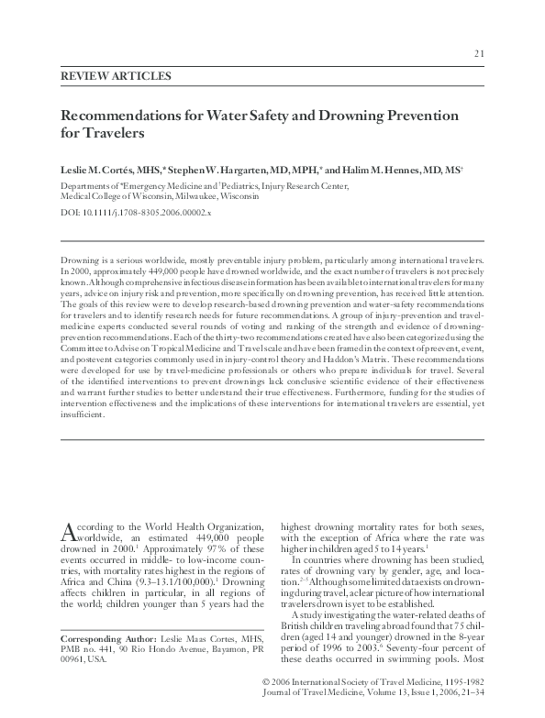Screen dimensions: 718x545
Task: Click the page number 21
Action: click(x=479, y=53)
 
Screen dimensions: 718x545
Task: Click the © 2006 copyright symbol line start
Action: click(x=268, y=682)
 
